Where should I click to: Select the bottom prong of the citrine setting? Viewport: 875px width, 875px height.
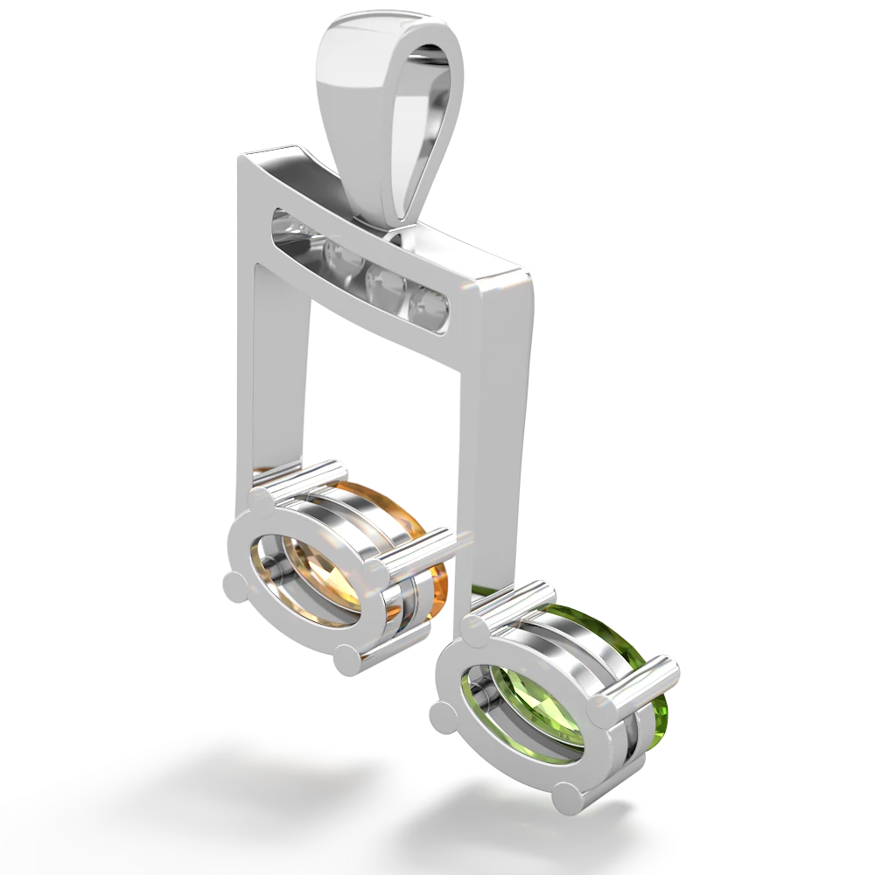pos(348,659)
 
